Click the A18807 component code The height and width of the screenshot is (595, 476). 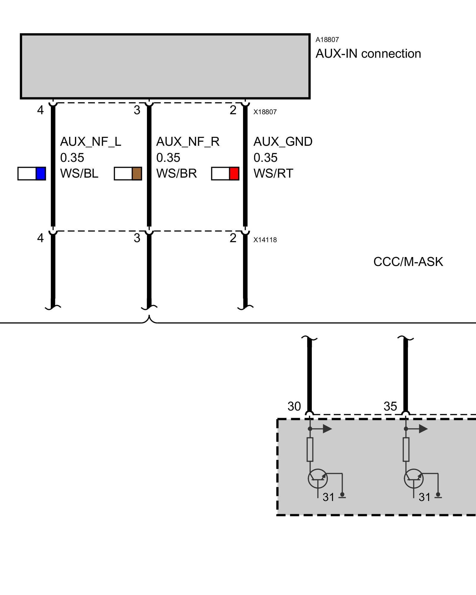[x=327, y=40]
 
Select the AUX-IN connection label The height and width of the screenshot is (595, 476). [x=368, y=54]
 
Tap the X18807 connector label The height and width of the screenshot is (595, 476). [x=265, y=112]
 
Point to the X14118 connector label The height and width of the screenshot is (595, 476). [x=265, y=240]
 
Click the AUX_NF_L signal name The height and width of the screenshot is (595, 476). [x=90, y=142]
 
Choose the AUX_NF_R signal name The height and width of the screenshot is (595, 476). [x=188, y=142]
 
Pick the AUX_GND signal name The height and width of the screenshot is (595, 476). [x=283, y=142]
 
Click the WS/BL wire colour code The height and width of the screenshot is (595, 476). [x=79, y=173]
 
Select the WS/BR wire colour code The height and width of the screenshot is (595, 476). [x=176, y=173]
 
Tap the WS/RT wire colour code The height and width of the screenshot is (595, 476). [x=273, y=173]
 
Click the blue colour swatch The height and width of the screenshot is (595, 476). [x=40, y=174]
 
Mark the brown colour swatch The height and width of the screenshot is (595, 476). [x=137, y=174]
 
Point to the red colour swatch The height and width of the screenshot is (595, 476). [x=234, y=174]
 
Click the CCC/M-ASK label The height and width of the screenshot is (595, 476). [x=408, y=262]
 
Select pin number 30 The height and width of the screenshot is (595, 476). [x=294, y=406]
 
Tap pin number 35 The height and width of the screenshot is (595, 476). [x=390, y=406]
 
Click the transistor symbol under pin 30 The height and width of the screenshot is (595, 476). [x=317, y=478]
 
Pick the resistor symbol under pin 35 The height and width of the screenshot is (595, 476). [x=406, y=449]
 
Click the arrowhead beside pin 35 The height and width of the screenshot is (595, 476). [x=423, y=429]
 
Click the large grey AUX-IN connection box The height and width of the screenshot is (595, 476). [x=165, y=66]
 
